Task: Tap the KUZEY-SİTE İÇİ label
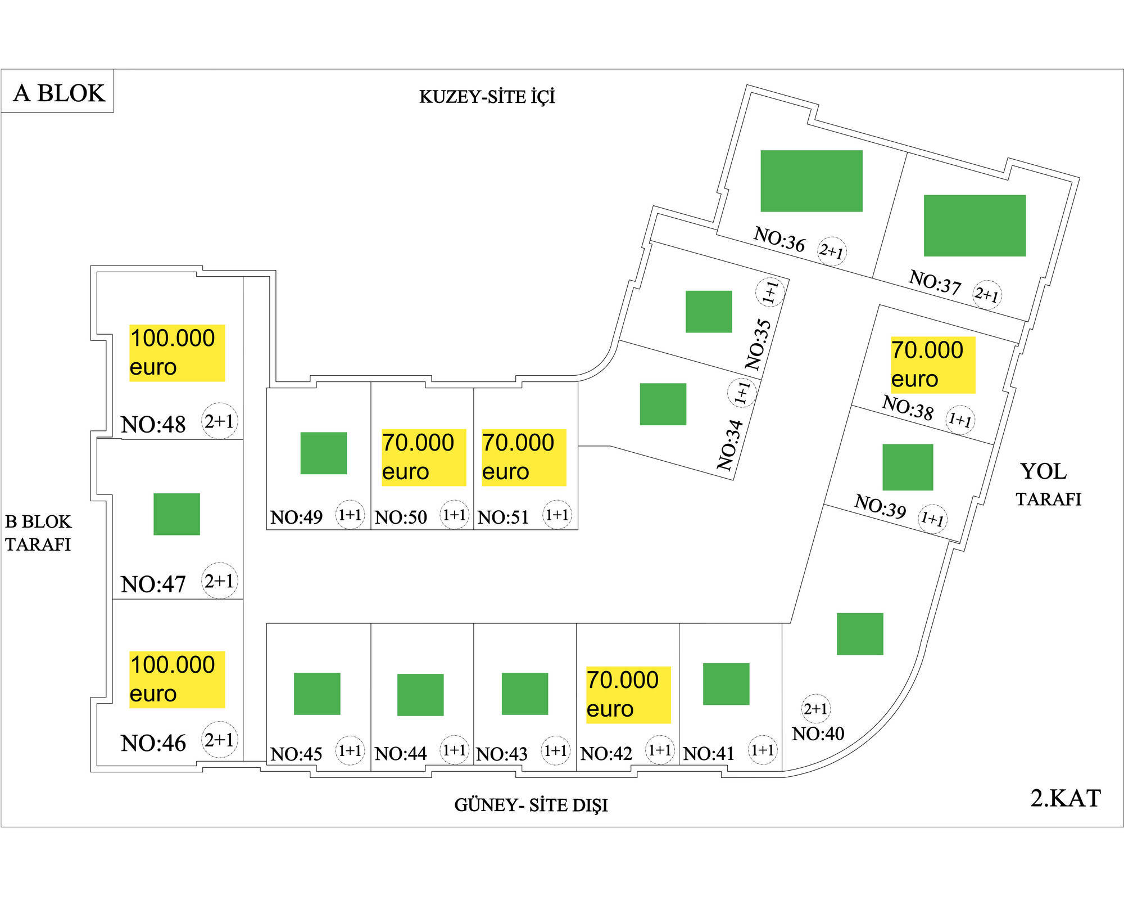point(487,97)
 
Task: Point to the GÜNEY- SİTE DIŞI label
point(531,805)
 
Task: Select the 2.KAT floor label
point(1065,798)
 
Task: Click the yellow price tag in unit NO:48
point(176,353)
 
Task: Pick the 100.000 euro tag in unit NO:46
point(176,679)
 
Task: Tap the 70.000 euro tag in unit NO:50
point(423,457)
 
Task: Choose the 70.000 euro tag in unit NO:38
point(932,364)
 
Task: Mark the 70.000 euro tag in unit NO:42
point(628,695)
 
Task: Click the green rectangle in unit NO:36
point(811,181)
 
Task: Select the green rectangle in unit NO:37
point(975,226)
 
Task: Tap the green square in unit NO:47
point(176,514)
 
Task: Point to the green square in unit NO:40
point(860,634)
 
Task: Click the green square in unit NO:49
point(323,453)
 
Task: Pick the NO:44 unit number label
point(401,753)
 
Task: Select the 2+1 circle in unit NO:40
point(815,709)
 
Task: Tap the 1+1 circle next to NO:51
point(556,515)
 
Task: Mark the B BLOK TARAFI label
point(38,533)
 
